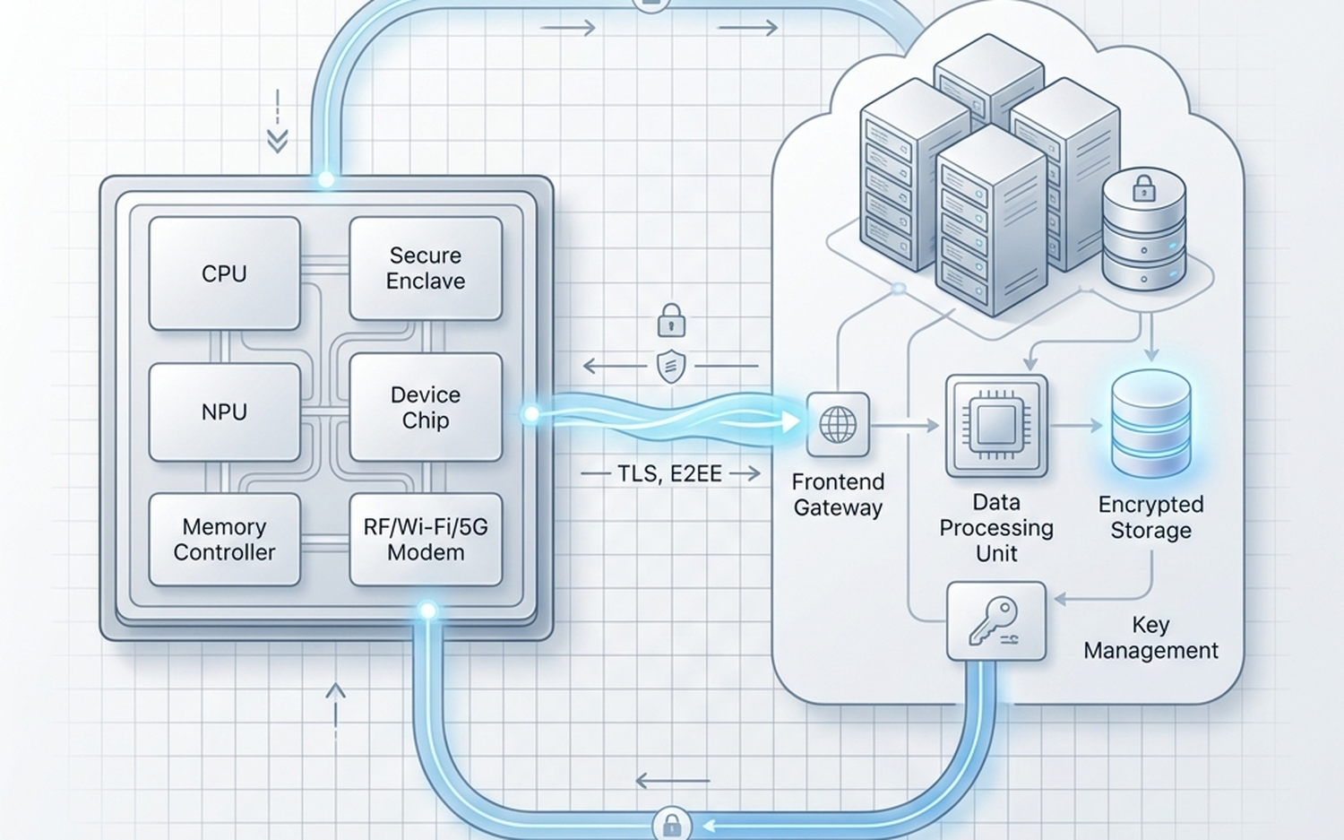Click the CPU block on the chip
pyautogui.click(x=224, y=273)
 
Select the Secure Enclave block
pyautogui.click(x=426, y=268)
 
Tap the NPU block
pyautogui.click(x=224, y=411)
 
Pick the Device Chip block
pyautogui.click(x=426, y=407)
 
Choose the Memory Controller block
pyautogui.click(x=224, y=539)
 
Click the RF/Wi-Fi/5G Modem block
pyautogui.click(x=426, y=539)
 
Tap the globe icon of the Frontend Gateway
pyautogui.click(x=838, y=425)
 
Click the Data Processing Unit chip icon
pyautogui.click(x=996, y=425)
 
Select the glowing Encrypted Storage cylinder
pyautogui.click(x=1150, y=423)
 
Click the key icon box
pyautogui.click(x=996, y=621)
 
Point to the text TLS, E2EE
pyautogui.click(x=669, y=473)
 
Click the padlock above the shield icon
pyautogui.click(x=671, y=321)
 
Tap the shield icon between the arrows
pyautogui.click(x=671, y=366)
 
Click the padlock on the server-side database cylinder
pyautogui.click(x=1144, y=189)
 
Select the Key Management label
pyautogui.click(x=1150, y=637)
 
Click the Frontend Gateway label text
pyautogui.click(x=838, y=495)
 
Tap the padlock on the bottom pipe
pyautogui.click(x=671, y=824)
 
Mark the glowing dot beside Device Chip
pyautogui.click(x=531, y=414)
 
